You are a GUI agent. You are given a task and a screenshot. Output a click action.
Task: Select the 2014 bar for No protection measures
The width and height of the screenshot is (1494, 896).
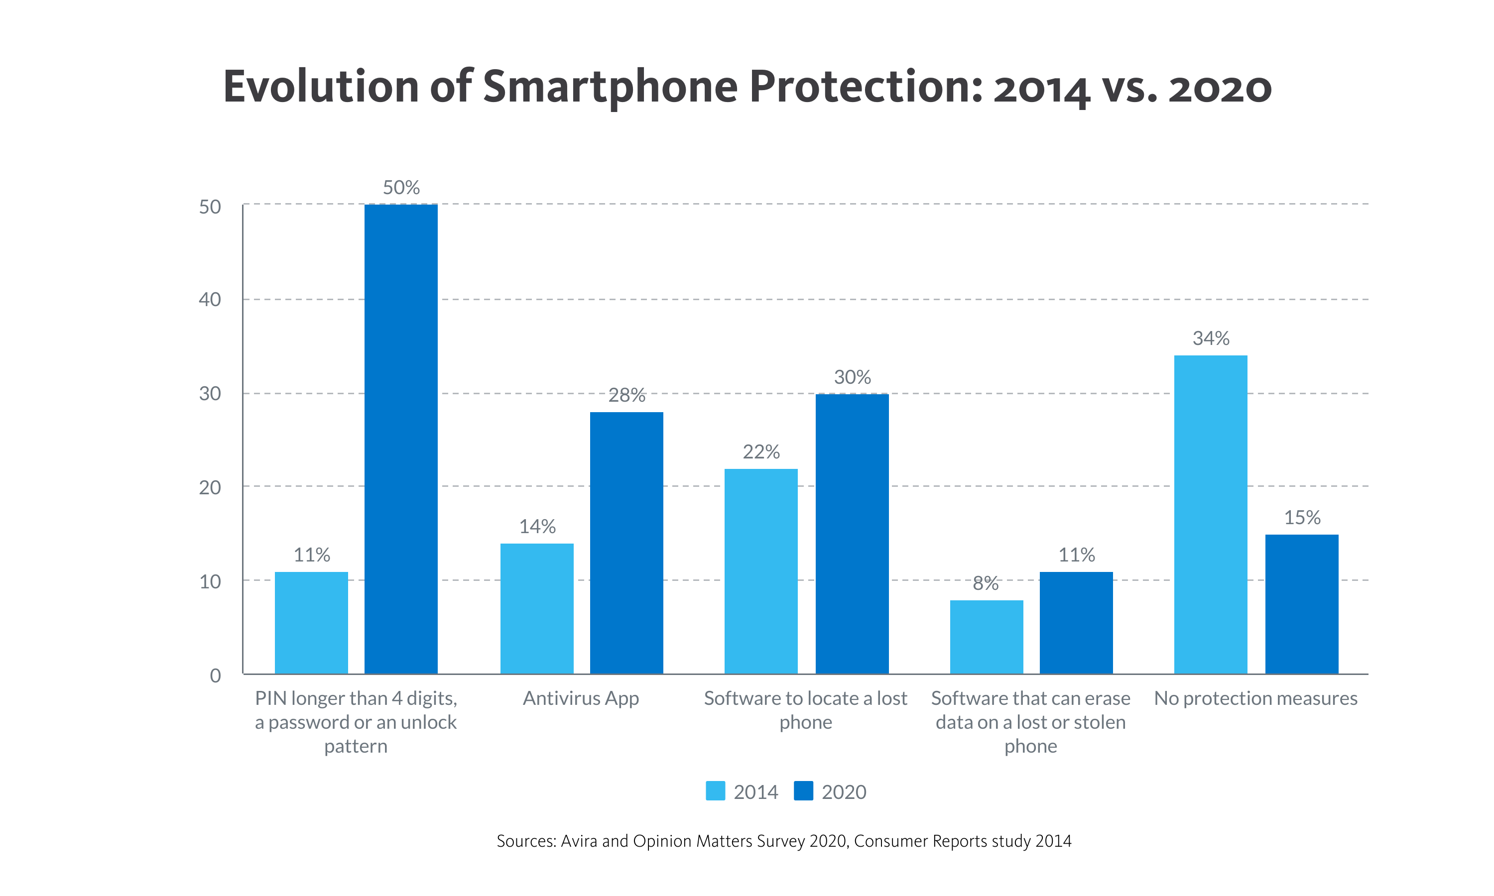pos(1210,514)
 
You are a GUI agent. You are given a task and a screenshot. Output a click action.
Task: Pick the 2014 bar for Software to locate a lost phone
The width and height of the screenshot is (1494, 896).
pos(761,570)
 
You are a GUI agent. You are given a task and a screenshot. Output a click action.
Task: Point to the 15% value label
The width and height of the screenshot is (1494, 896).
pos(1302,517)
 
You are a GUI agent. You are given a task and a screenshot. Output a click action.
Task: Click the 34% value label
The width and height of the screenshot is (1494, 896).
pos(1211,338)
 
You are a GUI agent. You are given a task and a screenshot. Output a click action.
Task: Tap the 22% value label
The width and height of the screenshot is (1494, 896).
pos(761,451)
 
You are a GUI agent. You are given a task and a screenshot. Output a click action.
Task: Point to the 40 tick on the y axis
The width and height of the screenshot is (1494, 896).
pos(210,300)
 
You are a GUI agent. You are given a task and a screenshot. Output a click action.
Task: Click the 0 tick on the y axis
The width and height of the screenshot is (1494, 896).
pos(215,675)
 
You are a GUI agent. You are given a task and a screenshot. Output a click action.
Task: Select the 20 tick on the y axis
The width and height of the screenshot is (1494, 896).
pos(210,487)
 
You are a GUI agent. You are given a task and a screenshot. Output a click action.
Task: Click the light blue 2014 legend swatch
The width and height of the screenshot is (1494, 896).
pos(716,791)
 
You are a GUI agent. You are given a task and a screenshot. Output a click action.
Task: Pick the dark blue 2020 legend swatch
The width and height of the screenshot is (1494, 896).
pos(803,791)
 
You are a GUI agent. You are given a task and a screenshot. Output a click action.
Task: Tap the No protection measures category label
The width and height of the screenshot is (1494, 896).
pos(1255,698)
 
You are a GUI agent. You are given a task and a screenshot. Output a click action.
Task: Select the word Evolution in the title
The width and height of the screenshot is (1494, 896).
pos(321,86)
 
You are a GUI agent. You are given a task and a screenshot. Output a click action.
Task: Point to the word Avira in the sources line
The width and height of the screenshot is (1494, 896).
pos(579,841)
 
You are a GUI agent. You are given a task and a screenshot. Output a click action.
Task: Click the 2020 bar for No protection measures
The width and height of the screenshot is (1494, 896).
pos(1301,604)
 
